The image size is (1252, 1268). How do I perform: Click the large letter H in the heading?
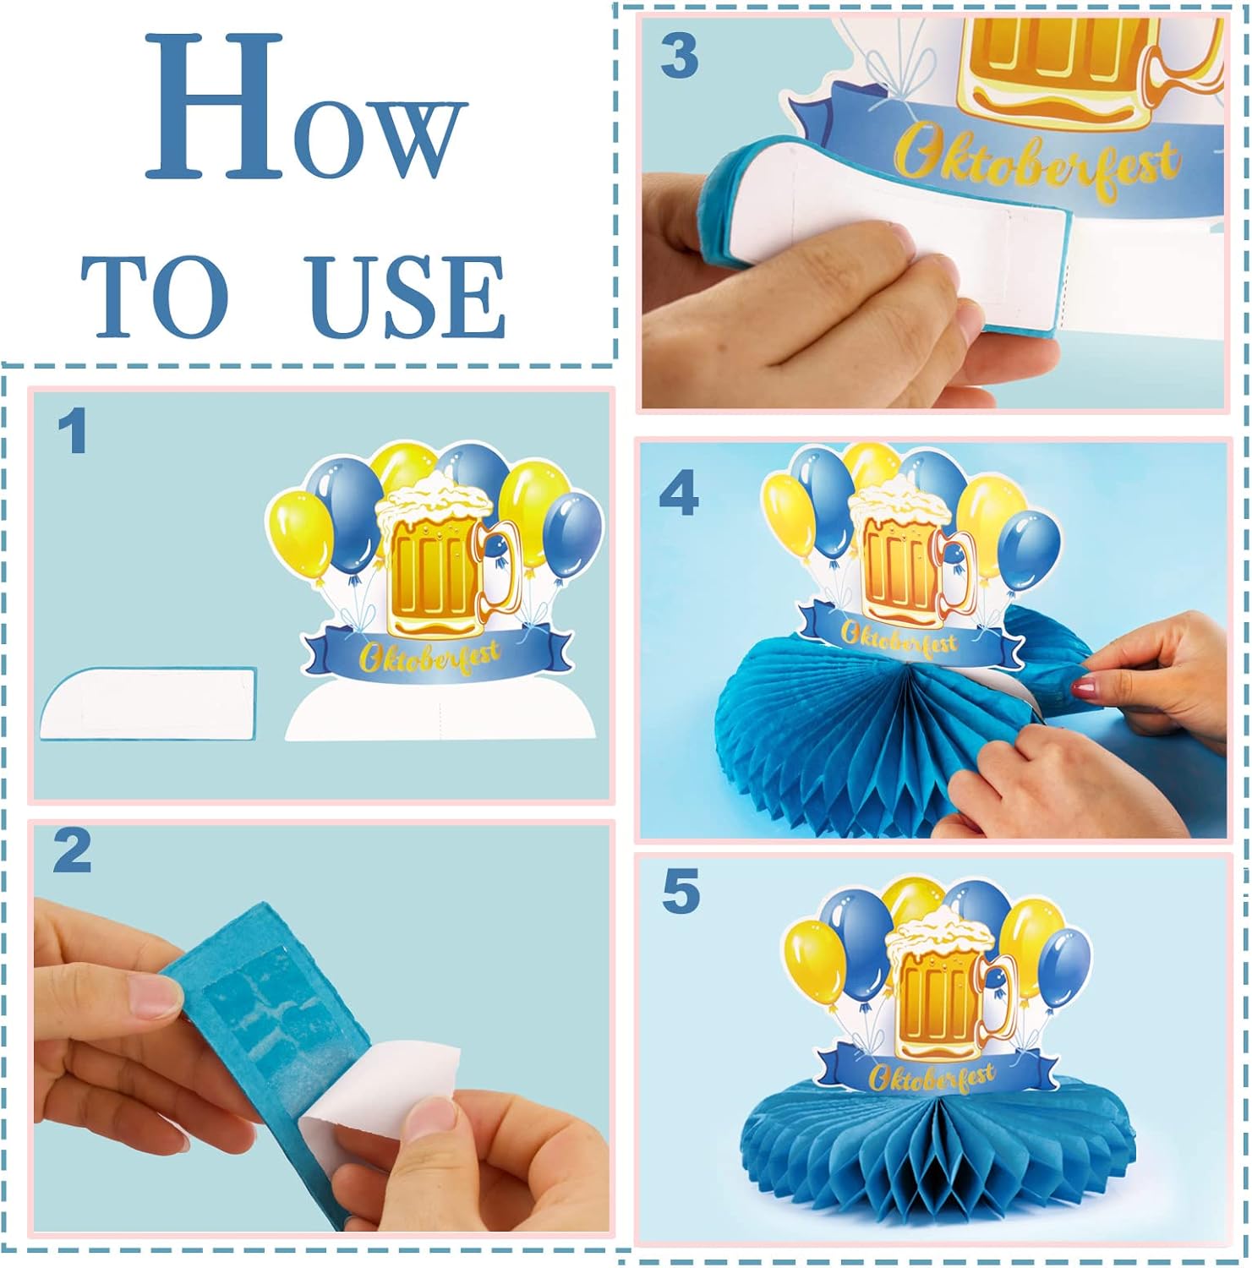click(213, 107)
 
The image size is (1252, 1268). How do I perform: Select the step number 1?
click(73, 431)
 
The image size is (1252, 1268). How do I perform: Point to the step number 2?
click(72, 850)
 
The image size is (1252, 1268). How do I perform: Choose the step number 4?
click(679, 494)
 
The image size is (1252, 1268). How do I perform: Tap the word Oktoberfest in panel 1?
click(429, 657)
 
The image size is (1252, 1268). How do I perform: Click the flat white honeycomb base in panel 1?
click(148, 704)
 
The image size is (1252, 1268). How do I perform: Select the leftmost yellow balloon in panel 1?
click(300, 537)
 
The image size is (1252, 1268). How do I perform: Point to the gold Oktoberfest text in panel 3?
click(1037, 158)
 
